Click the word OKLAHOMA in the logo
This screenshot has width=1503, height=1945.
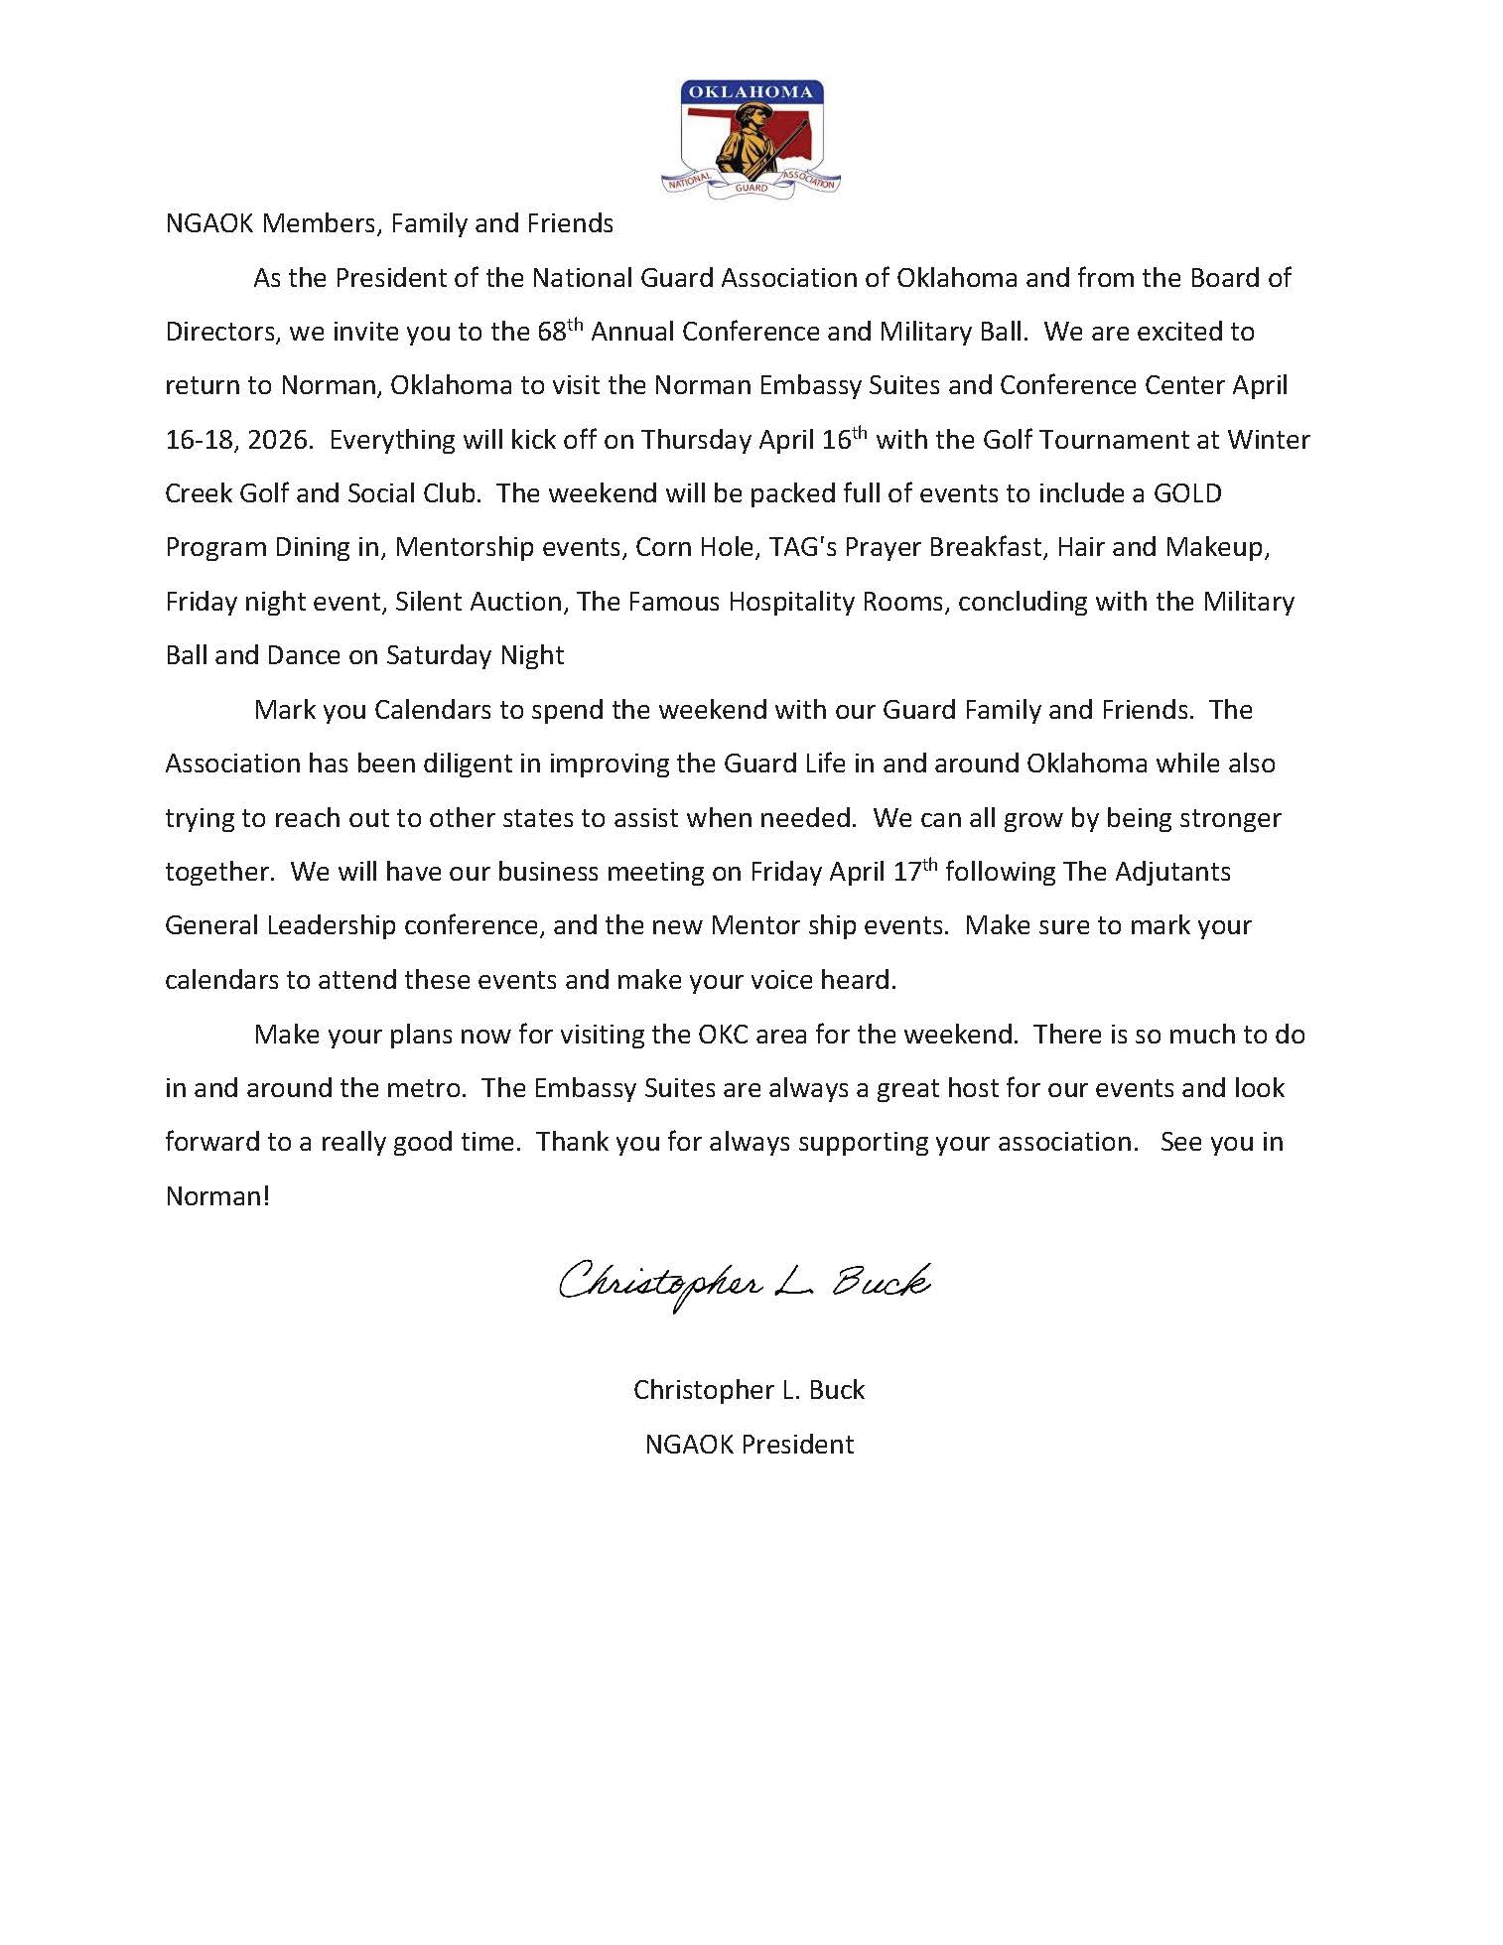point(751,92)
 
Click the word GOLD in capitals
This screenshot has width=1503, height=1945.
point(1186,493)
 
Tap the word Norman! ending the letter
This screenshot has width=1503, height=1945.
point(217,1196)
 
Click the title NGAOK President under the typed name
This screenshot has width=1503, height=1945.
point(750,1444)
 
